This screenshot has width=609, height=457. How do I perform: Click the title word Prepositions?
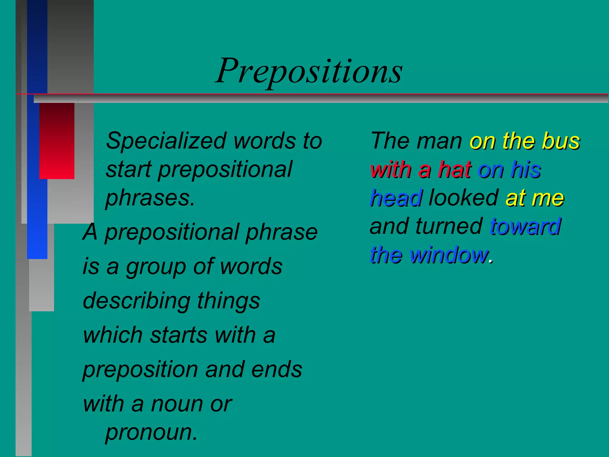309,71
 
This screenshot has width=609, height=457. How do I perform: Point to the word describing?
136,301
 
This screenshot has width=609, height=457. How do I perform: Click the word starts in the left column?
178,335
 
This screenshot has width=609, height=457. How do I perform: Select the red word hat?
455,170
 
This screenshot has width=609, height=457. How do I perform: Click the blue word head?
396,198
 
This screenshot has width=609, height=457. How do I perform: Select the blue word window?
449,255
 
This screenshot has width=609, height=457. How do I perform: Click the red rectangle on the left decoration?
57,141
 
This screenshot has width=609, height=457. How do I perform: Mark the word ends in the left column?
277,370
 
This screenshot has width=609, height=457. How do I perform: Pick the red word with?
391,170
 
